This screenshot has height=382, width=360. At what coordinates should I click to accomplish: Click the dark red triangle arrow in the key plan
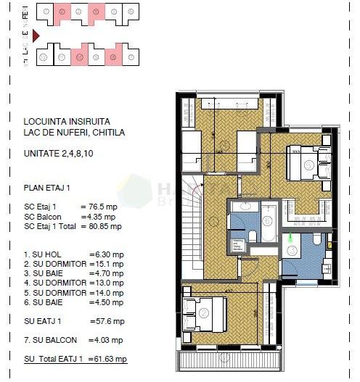pyautogui.click(x=36, y=33)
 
